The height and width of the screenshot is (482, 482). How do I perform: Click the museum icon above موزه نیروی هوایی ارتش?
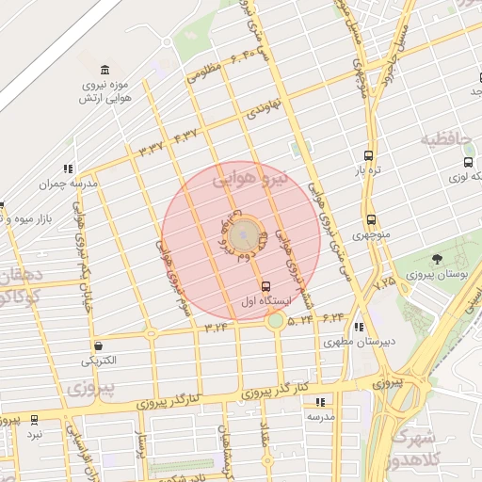click(x=104, y=70)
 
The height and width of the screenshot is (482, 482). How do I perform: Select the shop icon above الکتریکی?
click(x=99, y=345)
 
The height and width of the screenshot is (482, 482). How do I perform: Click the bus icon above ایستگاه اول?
click(x=265, y=286)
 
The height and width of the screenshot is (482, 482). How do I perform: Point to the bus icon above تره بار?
click(x=367, y=155)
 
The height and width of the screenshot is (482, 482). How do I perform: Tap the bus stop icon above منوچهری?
click(x=370, y=219)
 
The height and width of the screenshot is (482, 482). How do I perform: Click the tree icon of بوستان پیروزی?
click(x=436, y=259)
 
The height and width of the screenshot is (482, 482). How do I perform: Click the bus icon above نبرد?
click(x=35, y=420)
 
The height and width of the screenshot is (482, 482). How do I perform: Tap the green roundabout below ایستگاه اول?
click(x=275, y=321)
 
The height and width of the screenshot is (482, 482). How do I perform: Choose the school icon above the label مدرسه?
click(x=319, y=401)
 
